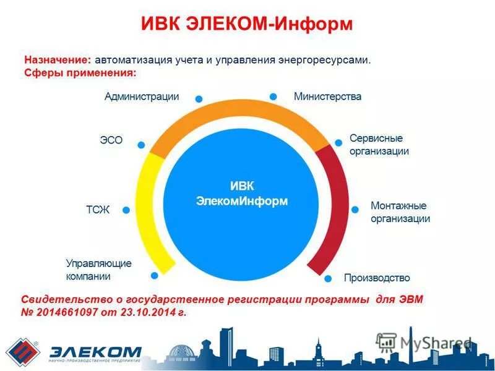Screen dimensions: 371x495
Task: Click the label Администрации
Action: pos(142,96)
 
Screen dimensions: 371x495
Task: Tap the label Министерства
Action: pos(327,96)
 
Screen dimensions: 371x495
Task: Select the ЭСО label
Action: pos(111,140)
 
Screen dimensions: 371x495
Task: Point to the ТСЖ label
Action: pos(98,210)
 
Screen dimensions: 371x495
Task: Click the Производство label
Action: pos(377,278)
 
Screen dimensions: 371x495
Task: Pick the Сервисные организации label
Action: pos(379,144)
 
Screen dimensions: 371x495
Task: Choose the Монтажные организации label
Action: pos(400,212)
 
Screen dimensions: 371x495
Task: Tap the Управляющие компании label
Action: pos(99,270)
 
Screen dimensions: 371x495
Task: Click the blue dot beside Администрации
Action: pos(199,98)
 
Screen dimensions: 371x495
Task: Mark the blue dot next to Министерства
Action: pos(273,96)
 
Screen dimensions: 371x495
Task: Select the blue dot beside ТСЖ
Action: pos(126,210)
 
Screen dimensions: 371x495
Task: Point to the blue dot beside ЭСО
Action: pos(141,145)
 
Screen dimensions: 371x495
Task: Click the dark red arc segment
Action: pos(337,210)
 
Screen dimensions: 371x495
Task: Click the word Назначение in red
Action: pos(58,60)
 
